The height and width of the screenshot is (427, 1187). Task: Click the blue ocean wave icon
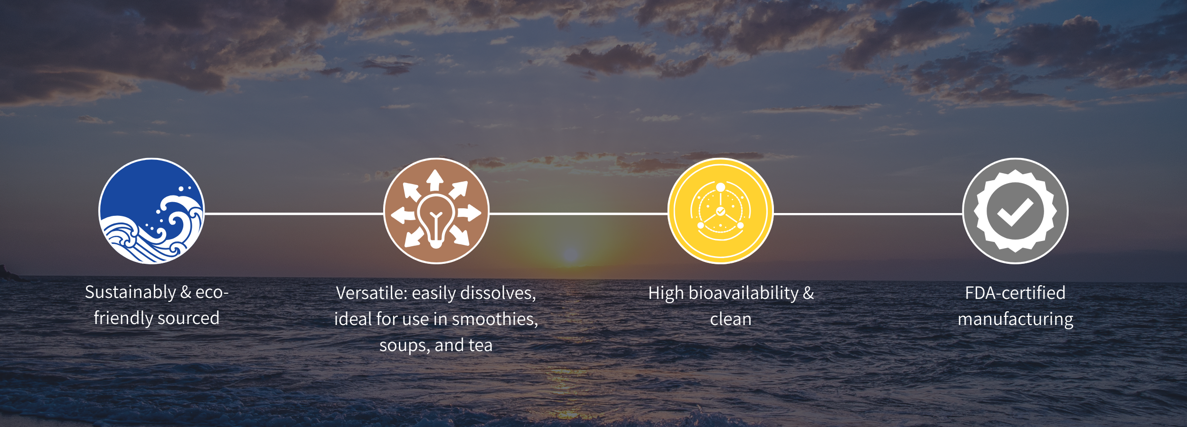pyautogui.click(x=151, y=211)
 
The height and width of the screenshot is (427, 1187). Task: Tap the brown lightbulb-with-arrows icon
pyautogui.click(x=436, y=211)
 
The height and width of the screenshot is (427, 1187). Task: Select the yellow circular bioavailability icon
pyautogui.click(x=721, y=211)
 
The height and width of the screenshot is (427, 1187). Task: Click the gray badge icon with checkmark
pyautogui.click(x=1016, y=211)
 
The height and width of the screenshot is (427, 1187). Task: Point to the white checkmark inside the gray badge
pyautogui.click(x=1015, y=212)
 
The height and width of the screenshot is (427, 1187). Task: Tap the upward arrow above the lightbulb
pyautogui.click(x=435, y=181)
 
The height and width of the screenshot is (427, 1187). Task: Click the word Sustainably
pyautogui.click(x=131, y=293)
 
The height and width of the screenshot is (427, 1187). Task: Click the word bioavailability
pyautogui.click(x=744, y=294)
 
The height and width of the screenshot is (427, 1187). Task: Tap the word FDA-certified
pyautogui.click(x=1015, y=293)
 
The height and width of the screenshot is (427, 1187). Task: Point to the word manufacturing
pyautogui.click(x=1016, y=320)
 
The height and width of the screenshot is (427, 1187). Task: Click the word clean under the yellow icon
pyautogui.click(x=731, y=319)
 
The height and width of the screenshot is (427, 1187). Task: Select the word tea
pyautogui.click(x=480, y=345)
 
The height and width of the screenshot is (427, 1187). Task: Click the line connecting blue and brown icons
pyautogui.click(x=294, y=213)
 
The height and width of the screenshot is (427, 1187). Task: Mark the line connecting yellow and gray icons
pyautogui.click(x=868, y=213)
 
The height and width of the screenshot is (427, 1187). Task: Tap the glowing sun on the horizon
pyautogui.click(x=570, y=254)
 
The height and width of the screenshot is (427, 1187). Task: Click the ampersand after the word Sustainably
pyautogui.click(x=186, y=293)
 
